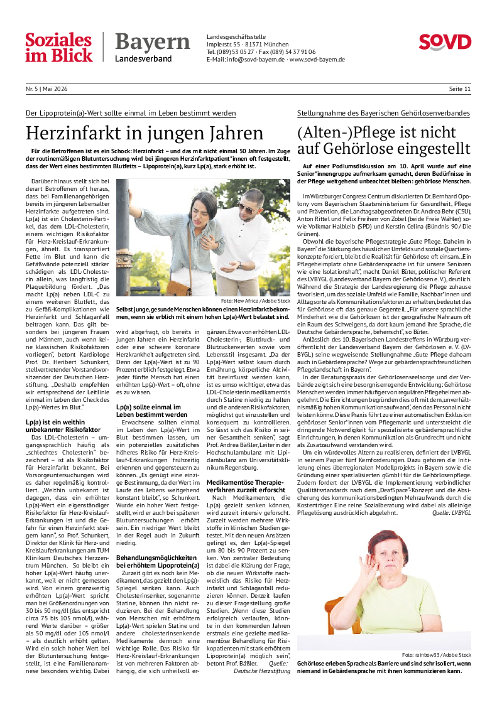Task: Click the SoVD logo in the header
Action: click(x=445, y=42)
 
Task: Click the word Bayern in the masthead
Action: click(x=152, y=42)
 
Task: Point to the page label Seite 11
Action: click(x=460, y=89)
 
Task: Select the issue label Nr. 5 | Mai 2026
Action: click(x=46, y=89)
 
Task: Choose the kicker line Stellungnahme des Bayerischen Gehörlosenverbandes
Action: click(x=383, y=113)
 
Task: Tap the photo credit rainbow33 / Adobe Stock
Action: click(x=436, y=655)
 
